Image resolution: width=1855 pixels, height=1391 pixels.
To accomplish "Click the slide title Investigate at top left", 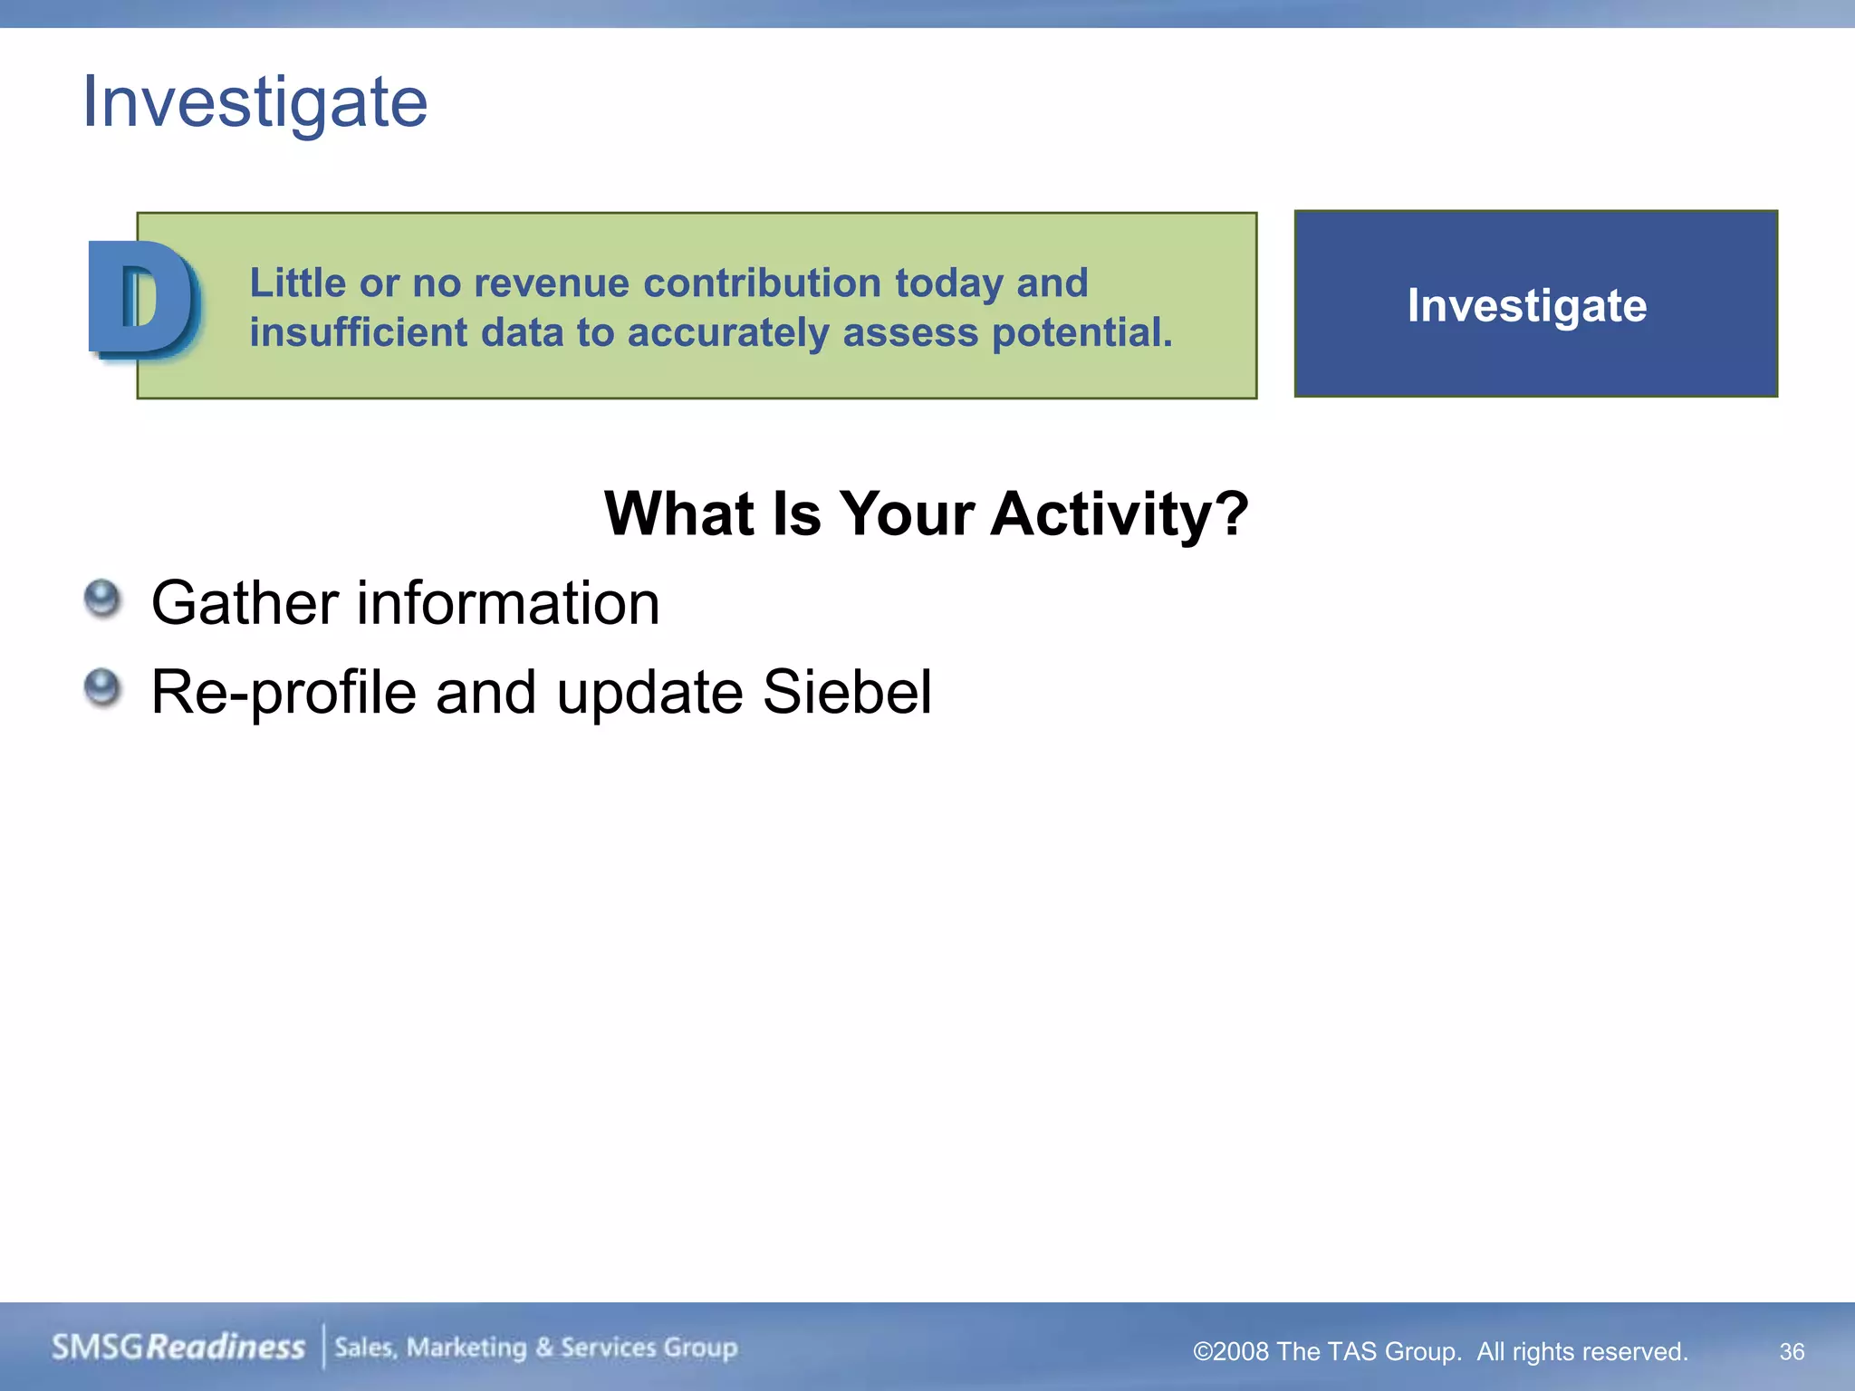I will [x=255, y=102].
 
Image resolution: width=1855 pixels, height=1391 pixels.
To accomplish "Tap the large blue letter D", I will [x=143, y=300].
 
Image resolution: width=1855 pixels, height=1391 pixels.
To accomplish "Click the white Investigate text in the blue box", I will [x=1526, y=306].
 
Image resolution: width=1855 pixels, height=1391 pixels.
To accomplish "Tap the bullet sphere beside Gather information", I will [x=102, y=599].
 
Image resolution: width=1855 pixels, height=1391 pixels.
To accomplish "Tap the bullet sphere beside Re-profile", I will [x=102, y=687].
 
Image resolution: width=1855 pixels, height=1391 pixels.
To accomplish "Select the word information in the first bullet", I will [x=508, y=603].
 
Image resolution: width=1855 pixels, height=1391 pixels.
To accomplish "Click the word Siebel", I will [x=847, y=692].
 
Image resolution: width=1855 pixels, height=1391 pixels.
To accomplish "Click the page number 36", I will [x=1792, y=1351].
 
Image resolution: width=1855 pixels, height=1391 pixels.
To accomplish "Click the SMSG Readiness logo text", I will [x=178, y=1347].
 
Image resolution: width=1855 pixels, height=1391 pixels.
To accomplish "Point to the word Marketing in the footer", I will [x=466, y=1348].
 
